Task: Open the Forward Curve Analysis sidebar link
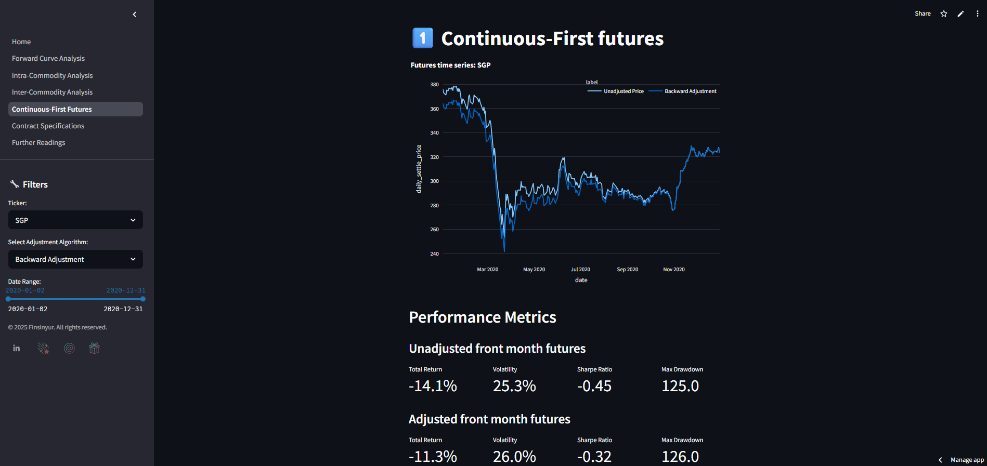(48, 59)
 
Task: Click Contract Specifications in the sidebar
(48, 126)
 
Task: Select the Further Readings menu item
(38, 143)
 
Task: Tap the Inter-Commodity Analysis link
(52, 92)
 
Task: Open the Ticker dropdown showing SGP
(75, 220)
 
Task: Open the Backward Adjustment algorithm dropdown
(75, 259)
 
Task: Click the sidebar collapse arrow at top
(135, 15)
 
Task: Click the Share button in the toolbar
(923, 14)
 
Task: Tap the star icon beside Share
(944, 14)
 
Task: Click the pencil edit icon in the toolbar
(960, 14)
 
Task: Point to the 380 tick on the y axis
(434, 85)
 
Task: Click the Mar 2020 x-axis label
(487, 270)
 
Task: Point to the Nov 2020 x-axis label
(673, 270)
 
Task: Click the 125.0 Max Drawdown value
(680, 386)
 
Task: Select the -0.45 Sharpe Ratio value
(594, 386)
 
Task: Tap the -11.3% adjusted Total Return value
(433, 457)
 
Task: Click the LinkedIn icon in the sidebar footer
(17, 348)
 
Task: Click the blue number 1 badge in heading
(423, 38)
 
